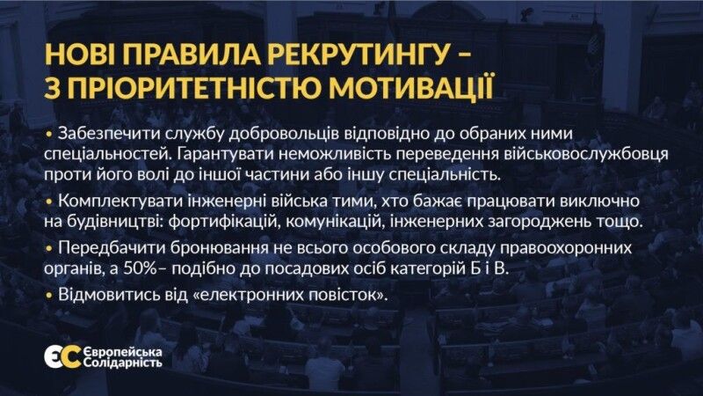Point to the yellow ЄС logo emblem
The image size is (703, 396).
tap(62, 357)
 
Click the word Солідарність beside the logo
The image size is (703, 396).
tap(123, 363)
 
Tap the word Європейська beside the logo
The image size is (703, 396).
tap(123, 352)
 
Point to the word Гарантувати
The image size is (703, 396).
tap(225, 153)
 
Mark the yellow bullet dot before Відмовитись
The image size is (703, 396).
tap(49, 296)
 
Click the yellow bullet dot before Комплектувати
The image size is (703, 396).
tap(49, 202)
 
